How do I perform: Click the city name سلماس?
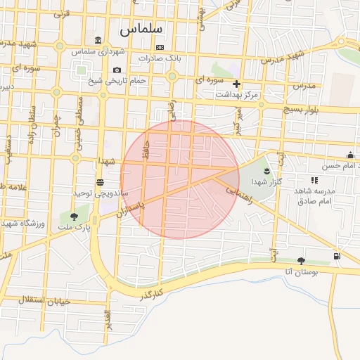[x=141, y=30]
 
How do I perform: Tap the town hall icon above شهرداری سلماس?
[x=97, y=40]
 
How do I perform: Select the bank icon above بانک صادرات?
[x=160, y=47]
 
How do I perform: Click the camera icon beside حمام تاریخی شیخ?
[x=117, y=70]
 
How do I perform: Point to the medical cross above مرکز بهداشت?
[x=236, y=84]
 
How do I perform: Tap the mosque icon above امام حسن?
[x=349, y=155]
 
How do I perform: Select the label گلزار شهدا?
[x=265, y=181]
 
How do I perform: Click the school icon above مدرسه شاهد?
[x=314, y=180]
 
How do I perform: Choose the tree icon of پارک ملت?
[x=75, y=216]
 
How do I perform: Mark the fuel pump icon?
[x=338, y=256]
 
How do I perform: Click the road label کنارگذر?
[x=152, y=293]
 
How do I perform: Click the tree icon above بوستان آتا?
[x=302, y=261]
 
